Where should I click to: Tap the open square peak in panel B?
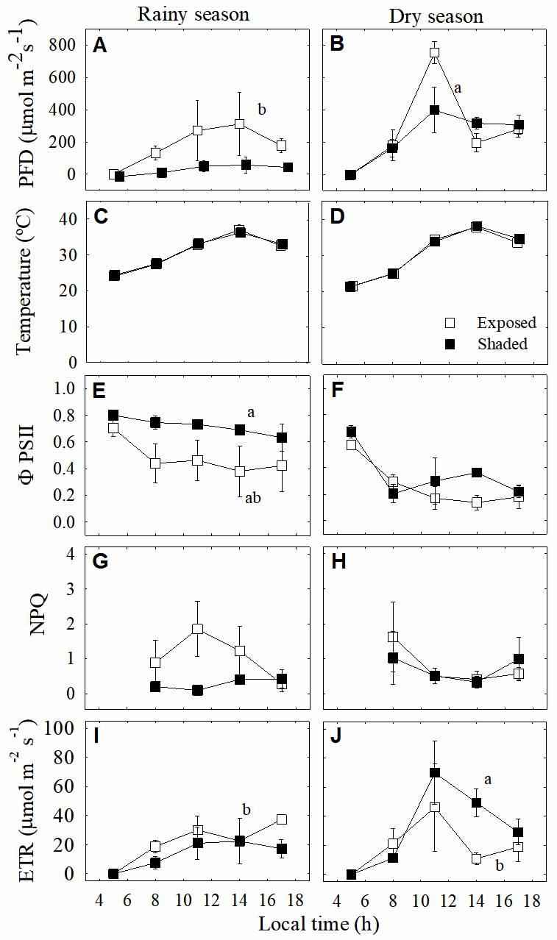point(434,53)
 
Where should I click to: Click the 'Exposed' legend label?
point(506,323)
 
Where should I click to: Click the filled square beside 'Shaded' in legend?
point(453,343)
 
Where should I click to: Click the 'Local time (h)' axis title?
point(318,922)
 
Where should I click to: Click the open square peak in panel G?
point(197,630)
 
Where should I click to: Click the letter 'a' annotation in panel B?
point(457,88)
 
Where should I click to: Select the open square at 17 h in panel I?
point(281,819)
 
